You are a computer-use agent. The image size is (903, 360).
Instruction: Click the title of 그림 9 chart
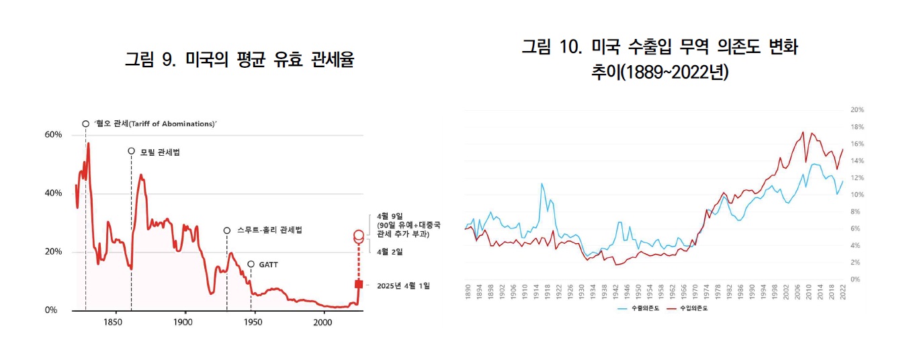(x=239, y=60)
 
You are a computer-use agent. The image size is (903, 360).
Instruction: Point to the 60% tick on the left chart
(x=53, y=135)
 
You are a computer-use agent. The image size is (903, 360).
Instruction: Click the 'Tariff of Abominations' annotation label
(x=155, y=124)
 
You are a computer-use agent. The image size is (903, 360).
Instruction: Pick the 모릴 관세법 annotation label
(x=159, y=152)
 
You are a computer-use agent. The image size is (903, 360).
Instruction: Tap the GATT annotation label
(x=268, y=265)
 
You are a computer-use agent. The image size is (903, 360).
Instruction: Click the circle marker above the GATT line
(x=251, y=265)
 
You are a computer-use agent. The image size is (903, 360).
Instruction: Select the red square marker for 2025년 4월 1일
(x=359, y=284)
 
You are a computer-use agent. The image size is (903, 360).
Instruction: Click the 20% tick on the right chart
(x=857, y=109)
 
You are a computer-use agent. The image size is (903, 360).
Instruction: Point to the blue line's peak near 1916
(x=542, y=183)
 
